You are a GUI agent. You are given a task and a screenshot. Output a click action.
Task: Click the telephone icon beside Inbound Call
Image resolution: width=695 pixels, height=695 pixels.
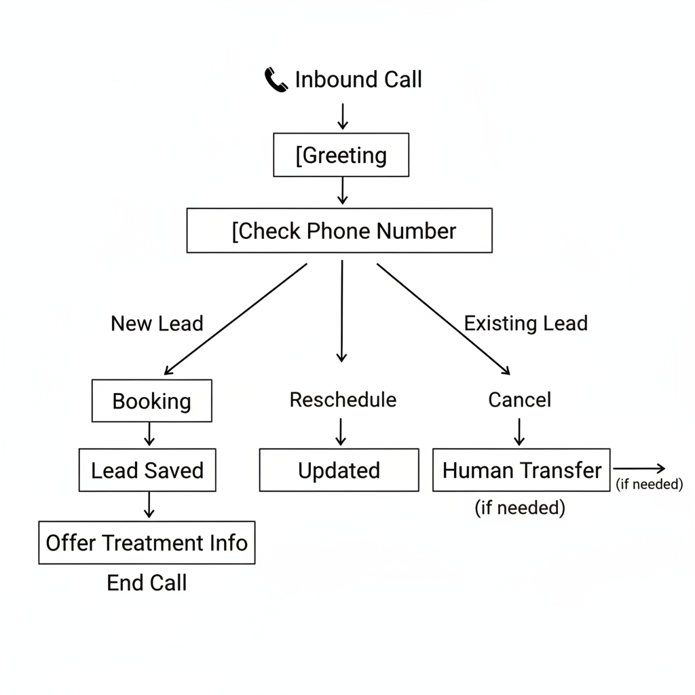point(276,81)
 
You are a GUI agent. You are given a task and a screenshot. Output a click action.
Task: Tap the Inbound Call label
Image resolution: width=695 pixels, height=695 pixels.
point(358,79)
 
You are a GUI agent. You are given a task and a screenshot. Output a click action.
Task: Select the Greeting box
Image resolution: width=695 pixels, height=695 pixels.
point(341,155)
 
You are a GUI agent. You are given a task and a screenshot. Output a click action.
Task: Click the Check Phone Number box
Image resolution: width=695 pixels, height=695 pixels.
point(339,231)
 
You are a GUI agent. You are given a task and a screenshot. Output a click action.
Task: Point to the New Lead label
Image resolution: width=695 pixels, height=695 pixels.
point(157,323)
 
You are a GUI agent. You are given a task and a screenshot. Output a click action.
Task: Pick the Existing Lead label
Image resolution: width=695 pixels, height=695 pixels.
point(525,323)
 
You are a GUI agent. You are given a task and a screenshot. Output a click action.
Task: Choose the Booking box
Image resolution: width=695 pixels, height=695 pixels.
point(151,400)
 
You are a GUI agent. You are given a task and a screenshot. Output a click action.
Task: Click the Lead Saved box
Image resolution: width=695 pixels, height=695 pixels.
point(147,470)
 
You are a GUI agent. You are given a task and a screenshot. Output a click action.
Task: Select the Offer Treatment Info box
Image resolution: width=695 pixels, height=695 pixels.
point(147,542)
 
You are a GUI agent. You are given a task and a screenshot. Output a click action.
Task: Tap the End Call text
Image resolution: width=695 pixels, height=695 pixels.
point(147,582)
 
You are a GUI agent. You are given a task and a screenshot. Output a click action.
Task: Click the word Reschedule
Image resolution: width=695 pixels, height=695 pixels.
point(343,399)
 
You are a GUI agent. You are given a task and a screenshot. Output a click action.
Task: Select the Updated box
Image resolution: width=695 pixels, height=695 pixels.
point(339,470)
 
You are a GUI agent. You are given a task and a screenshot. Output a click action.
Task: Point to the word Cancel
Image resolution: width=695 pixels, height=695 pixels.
point(519,399)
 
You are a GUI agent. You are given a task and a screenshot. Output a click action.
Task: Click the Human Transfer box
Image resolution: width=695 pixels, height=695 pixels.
point(521,470)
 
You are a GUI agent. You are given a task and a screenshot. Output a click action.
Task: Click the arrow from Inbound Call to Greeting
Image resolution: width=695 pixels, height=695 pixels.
point(343,116)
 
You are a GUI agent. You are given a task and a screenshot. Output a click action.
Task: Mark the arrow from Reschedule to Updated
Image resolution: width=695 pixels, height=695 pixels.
point(341,431)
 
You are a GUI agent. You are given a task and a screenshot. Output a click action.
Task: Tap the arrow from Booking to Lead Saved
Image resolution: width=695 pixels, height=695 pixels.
point(150,434)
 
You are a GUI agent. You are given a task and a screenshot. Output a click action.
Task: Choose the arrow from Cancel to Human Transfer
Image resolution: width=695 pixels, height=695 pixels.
point(519,432)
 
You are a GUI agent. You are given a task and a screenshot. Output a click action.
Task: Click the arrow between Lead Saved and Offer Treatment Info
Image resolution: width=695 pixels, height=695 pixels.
point(149,506)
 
